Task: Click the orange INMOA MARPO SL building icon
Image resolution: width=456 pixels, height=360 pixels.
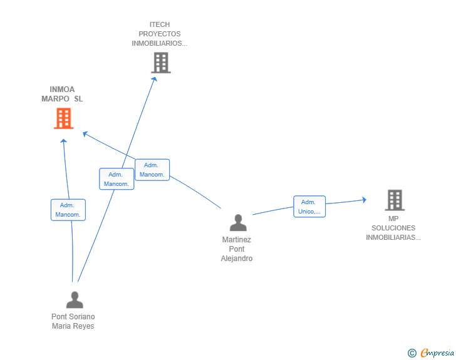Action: (64, 118)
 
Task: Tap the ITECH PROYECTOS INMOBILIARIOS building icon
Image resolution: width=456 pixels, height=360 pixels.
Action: (161, 63)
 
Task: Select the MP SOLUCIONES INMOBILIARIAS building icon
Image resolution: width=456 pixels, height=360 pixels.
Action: (395, 200)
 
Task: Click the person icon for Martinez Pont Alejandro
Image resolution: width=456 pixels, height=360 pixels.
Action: (238, 223)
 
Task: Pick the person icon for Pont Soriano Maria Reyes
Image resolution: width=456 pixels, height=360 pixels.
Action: (75, 300)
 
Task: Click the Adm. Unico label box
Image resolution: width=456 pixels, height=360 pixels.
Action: (309, 207)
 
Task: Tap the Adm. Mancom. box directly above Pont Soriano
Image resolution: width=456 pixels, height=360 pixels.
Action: (68, 210)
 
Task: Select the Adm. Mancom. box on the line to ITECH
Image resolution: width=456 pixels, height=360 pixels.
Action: (117, 179)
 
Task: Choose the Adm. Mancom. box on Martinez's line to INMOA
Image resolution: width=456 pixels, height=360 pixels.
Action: (152, 170)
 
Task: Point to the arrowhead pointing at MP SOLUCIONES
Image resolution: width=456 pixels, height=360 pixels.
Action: (364, 200)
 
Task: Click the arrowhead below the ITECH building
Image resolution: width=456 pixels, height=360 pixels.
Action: (155, 79)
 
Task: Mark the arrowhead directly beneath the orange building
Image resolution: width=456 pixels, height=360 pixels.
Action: (64, 141)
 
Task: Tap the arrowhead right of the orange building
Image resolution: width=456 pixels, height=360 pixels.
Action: (85, 134)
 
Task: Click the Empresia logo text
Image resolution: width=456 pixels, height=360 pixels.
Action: (437, 352)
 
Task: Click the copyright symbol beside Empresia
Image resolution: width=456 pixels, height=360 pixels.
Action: (412, 353)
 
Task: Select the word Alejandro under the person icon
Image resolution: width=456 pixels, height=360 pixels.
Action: (237, 259)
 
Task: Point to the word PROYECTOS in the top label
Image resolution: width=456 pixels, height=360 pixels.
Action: (160, 34)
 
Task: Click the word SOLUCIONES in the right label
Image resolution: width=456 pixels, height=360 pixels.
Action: (393, 228)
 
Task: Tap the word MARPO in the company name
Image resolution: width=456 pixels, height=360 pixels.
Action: (55, 99)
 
